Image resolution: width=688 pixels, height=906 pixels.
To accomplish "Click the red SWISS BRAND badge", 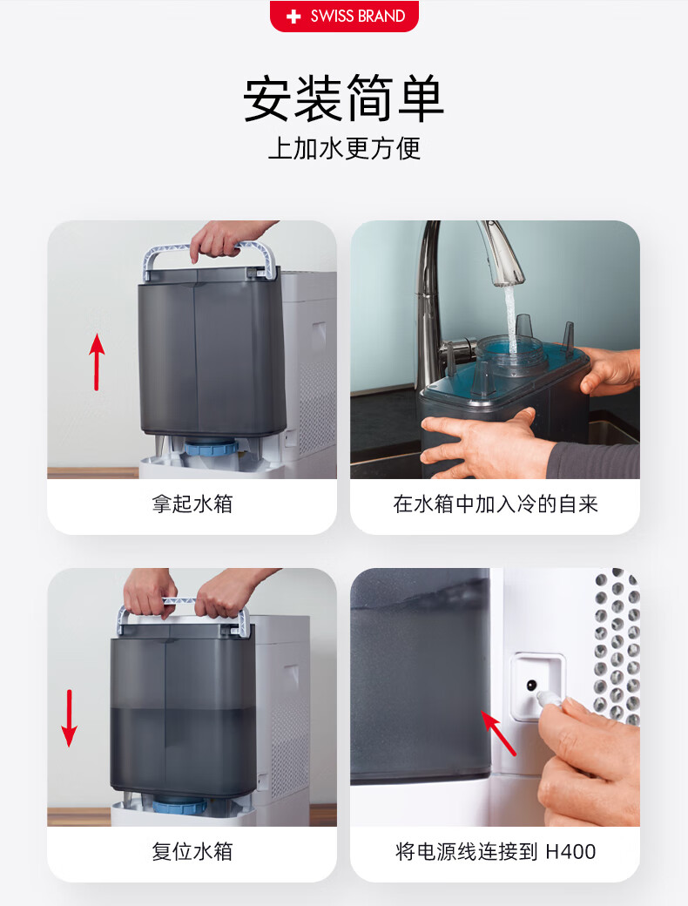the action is pyautogui.click(x=344, y=16).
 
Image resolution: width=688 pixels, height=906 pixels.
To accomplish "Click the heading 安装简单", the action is pyautogui.click(x=344, y=98).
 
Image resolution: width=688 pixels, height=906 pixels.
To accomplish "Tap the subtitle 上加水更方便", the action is pyautogui.click(x=344, y=148).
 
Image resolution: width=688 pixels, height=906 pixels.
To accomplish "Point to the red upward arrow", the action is pyautogui.click(x=97, y=362).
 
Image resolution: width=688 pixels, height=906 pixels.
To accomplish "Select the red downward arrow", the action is pyautogui.click(x=70, y=718).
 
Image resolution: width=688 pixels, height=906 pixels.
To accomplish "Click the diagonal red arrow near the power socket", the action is pyautogui.click(x=498, y=733).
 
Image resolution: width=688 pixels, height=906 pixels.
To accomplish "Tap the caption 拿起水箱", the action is pyautogui.click(x=192, y=504).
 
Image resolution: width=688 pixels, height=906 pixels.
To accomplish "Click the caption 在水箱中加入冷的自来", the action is pyautogui.click(x=495, y=504).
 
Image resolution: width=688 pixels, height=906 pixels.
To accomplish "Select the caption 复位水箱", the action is pyautogui.click(x=192, y=851).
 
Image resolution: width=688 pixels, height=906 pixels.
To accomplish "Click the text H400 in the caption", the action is pyautogui.click(x=570, y=852).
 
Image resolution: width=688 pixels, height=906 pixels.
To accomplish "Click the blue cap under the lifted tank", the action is pyautogui.click(x=211, y=449).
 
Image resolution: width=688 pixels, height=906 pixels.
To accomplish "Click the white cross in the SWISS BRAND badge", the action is pyautogui.click(x=293, y=17).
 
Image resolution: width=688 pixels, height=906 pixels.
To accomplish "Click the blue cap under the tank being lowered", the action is pyautogui.click(x=179, y=805).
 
